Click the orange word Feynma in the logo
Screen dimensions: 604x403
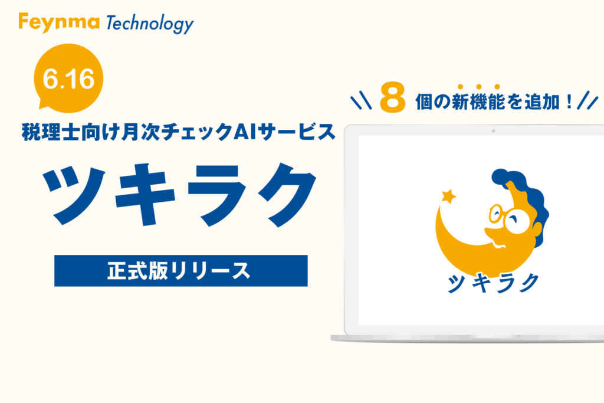point(58,22)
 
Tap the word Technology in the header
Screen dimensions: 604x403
point(149,24)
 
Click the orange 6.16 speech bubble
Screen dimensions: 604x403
point(68,78)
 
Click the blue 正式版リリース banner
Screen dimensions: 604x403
point(180,270)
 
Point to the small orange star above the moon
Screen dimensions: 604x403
point(448,196)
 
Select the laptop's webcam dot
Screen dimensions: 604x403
point(494,131)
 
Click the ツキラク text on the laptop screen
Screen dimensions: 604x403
point(493,283)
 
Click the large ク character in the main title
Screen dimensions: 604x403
point(287,195)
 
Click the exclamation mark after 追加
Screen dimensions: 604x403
point(570,101)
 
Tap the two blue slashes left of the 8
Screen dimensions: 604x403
point(361,101)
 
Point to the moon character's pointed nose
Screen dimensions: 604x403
point(487,232)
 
